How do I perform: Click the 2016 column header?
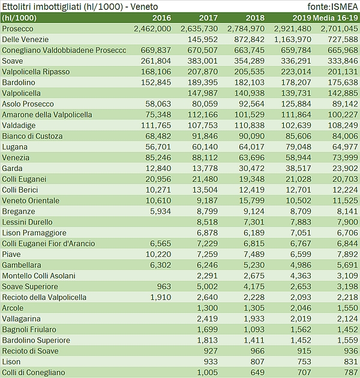pyautogui.click(x=161, y=17)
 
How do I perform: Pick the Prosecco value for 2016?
pyautogui.click(x=152, y=28)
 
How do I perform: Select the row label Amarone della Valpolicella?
pyautogui.click(x=47, y=115)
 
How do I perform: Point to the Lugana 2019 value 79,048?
pyautogui.click(x=298, y=147)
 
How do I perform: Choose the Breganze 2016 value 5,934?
pyautogui.click(x=159, y=211)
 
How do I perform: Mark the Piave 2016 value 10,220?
pyautogui.click(x=157, y=254)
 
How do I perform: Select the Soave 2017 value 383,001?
pyautogui.click(x=202, y=61)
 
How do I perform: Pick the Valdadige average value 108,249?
pyautogui.click(x=342, y=125)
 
